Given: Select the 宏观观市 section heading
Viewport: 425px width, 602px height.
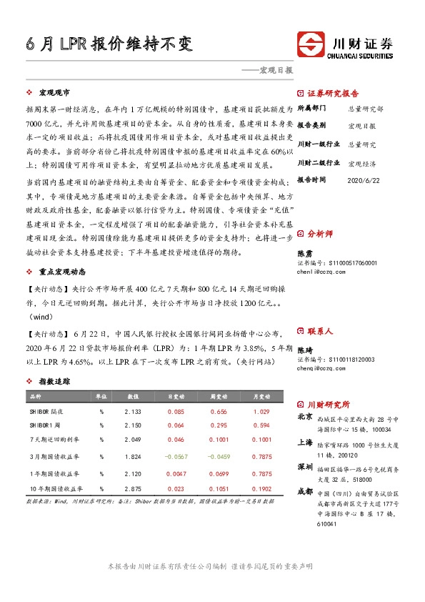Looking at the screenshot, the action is pyautogui.click(x=54, y=93).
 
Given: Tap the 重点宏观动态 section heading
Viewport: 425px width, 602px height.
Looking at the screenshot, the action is pyautogui.click(x=64, y=272).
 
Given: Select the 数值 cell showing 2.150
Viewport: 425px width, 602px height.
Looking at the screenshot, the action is pyautogui.click(x=133, y=425).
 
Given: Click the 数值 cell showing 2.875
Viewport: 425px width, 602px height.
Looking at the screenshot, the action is pyautogui.click(x=133, y=488).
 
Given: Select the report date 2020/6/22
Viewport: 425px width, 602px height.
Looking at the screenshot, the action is pyautogui.click(x=361, y=179).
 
